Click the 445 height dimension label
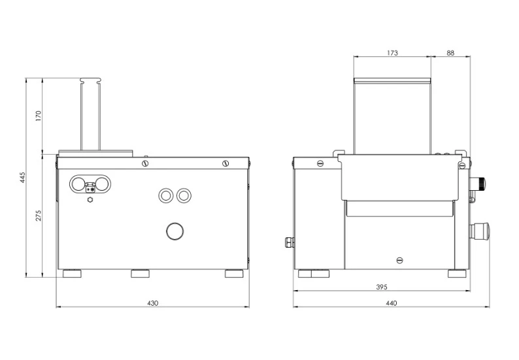22,177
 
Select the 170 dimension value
39,116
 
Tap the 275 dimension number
39,216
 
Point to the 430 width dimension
152,303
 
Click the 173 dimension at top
392,53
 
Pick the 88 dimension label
450,53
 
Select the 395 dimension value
382,287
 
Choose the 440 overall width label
392,303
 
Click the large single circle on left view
175,231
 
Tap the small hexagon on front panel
90,199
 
